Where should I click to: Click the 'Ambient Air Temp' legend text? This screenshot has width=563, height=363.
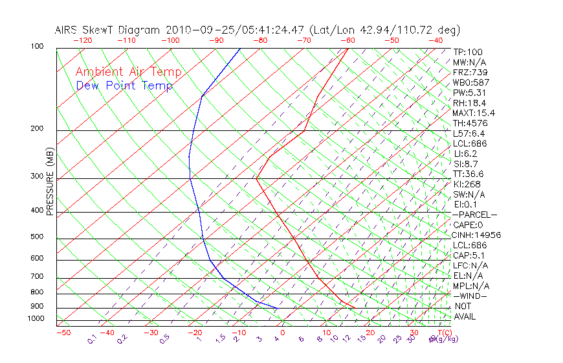(128, 72)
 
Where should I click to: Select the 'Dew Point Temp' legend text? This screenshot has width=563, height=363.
(124, 86)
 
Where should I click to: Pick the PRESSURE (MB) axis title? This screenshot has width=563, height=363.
(49, 181)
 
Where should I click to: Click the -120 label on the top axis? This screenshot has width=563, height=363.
(83, 40)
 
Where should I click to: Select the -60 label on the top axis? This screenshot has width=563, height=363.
(348, 40)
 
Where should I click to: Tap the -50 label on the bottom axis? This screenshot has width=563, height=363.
(63, 333)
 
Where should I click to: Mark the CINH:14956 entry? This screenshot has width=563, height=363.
(477, 235)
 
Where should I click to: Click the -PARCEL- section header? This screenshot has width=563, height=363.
(474, 215)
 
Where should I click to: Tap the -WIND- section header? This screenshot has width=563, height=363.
(470, 296)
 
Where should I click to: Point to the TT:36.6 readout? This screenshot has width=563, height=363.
(469, 174)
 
